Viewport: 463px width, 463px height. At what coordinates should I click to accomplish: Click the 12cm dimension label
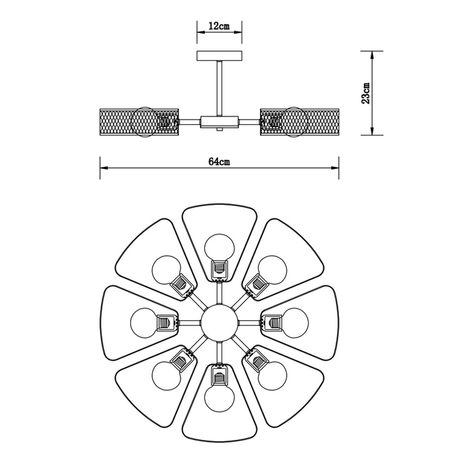coord(219,26)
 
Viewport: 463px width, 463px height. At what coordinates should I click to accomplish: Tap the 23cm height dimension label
coord(366,93)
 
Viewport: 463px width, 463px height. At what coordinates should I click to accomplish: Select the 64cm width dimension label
coord(219,162)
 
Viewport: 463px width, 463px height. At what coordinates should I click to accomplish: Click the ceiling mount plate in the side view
coord(219,56)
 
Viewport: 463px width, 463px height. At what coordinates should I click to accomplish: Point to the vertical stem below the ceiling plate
coord(219,88)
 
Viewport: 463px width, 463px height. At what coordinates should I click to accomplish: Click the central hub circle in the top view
coord(219,323)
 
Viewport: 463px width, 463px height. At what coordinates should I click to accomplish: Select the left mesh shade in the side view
coord(139,122)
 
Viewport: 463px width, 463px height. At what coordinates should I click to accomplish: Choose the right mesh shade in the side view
coord(299,122)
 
